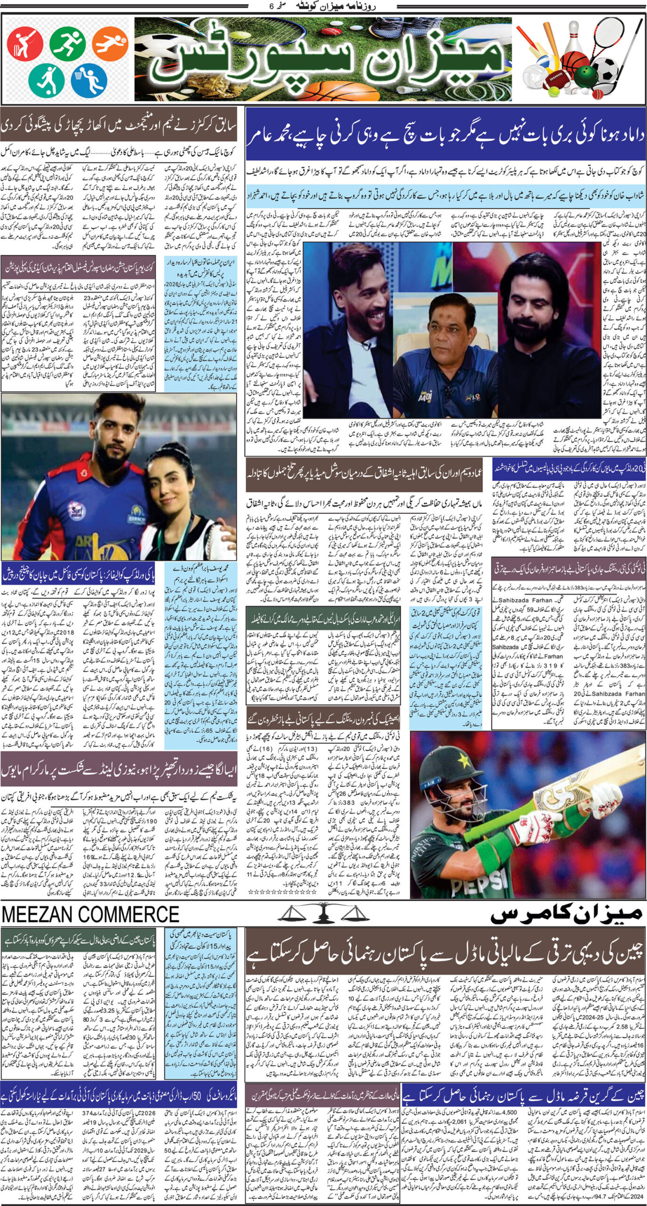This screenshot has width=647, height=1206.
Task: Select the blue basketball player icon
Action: tap(89, 80)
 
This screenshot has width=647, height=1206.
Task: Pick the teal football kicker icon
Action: tap(46, 80)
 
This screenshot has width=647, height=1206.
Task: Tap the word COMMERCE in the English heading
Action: tap(136, 914)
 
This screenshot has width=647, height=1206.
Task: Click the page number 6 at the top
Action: tap(270, 7)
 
